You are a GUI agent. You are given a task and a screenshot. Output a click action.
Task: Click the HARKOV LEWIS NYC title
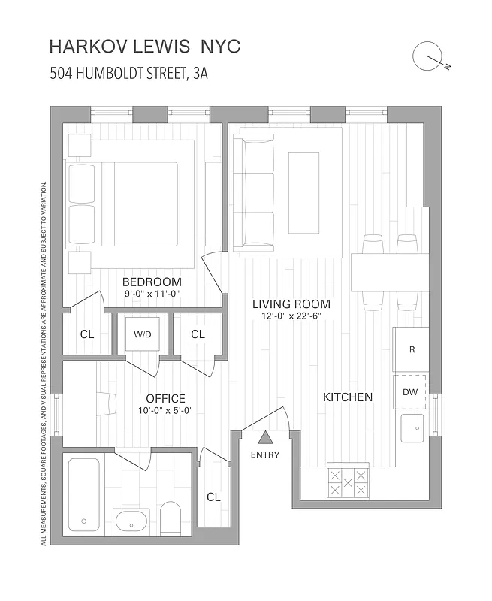click(x=144, y=46)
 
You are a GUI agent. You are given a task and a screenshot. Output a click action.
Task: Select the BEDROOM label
click(x=152, y=282)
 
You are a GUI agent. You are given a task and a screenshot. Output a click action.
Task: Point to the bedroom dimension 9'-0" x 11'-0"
click(x=152, y=295)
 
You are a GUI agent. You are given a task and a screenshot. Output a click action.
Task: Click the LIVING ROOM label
click(x=291, y=304)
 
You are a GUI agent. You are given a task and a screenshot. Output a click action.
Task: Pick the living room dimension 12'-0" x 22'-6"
click(x=291, y=316)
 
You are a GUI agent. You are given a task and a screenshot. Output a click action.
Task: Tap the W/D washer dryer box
click(x=143, y=334)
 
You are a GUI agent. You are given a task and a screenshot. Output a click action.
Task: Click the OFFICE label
click(x=165, y=398)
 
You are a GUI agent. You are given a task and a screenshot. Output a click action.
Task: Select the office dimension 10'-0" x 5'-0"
click(x=165, y=411)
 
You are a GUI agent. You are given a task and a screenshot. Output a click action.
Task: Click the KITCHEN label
click(x=348, y=397)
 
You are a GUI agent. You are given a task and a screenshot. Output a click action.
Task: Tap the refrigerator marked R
click(x=412, y=349)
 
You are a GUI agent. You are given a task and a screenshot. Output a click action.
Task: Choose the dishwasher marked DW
click(x=411, y=391)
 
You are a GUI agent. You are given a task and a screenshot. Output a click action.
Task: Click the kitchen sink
click(x=412, y=430)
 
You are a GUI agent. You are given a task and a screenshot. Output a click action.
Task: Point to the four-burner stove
click(x=348, y=482)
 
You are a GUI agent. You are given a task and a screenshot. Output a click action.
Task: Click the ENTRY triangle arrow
click(x=264, y=439)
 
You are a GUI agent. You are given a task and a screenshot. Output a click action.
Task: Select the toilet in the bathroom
click(x=171, y=518)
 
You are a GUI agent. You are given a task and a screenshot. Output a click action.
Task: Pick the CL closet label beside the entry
click(x=213, y=497)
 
